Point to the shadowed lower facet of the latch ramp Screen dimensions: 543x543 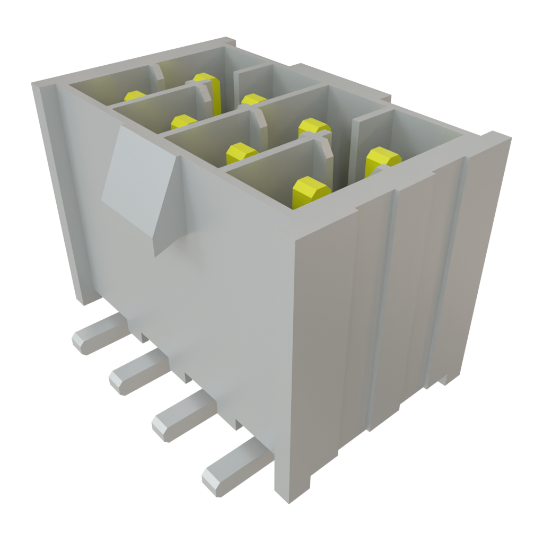point(168,233)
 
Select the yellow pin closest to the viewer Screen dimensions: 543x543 point(311,191)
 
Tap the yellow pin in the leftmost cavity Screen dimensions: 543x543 point(135,96)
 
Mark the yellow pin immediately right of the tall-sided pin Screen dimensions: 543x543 point(253,100)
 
